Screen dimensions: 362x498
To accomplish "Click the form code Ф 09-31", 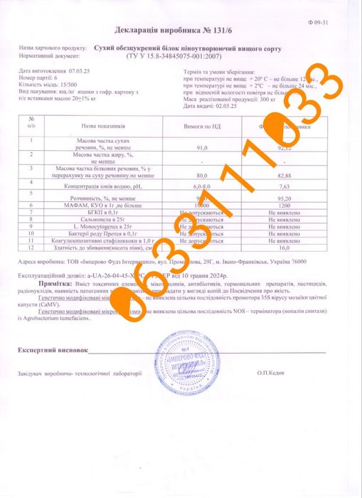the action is click(341, 22).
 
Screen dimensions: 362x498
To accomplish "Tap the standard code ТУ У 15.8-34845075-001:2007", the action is click(185, 55).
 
